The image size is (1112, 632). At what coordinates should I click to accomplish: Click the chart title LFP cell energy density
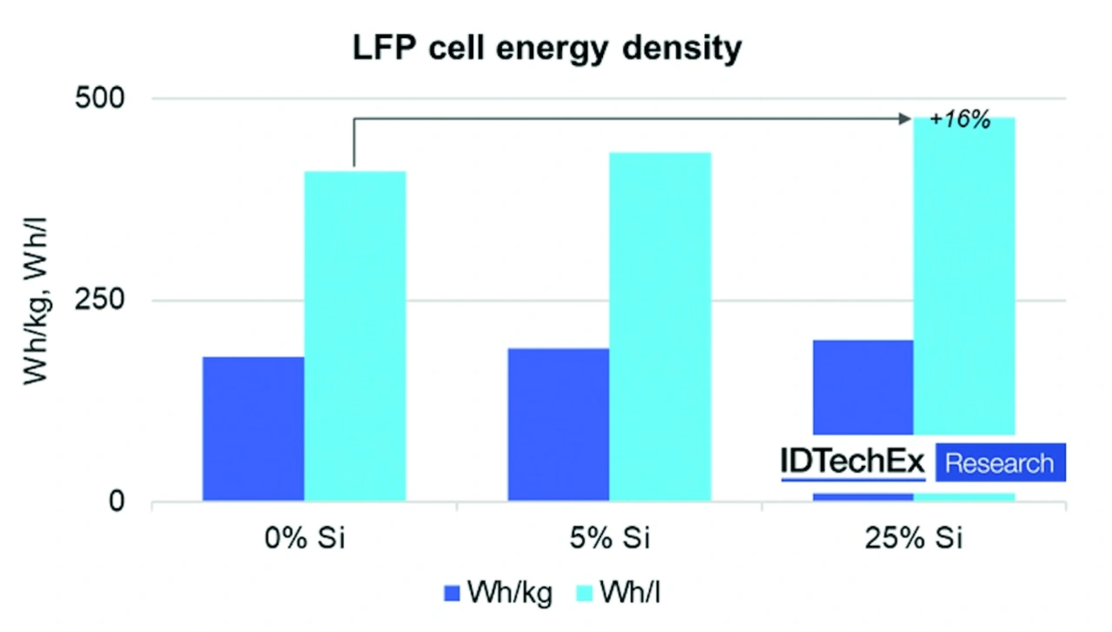click(x=546, y=48)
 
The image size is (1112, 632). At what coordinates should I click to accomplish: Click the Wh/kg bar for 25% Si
click(x=863, y=387)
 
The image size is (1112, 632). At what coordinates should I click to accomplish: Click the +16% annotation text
click(x=959, y=121)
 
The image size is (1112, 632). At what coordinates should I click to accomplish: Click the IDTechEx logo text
click(x=853, y=462)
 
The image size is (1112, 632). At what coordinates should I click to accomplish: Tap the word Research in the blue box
click(x=999, y=462)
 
